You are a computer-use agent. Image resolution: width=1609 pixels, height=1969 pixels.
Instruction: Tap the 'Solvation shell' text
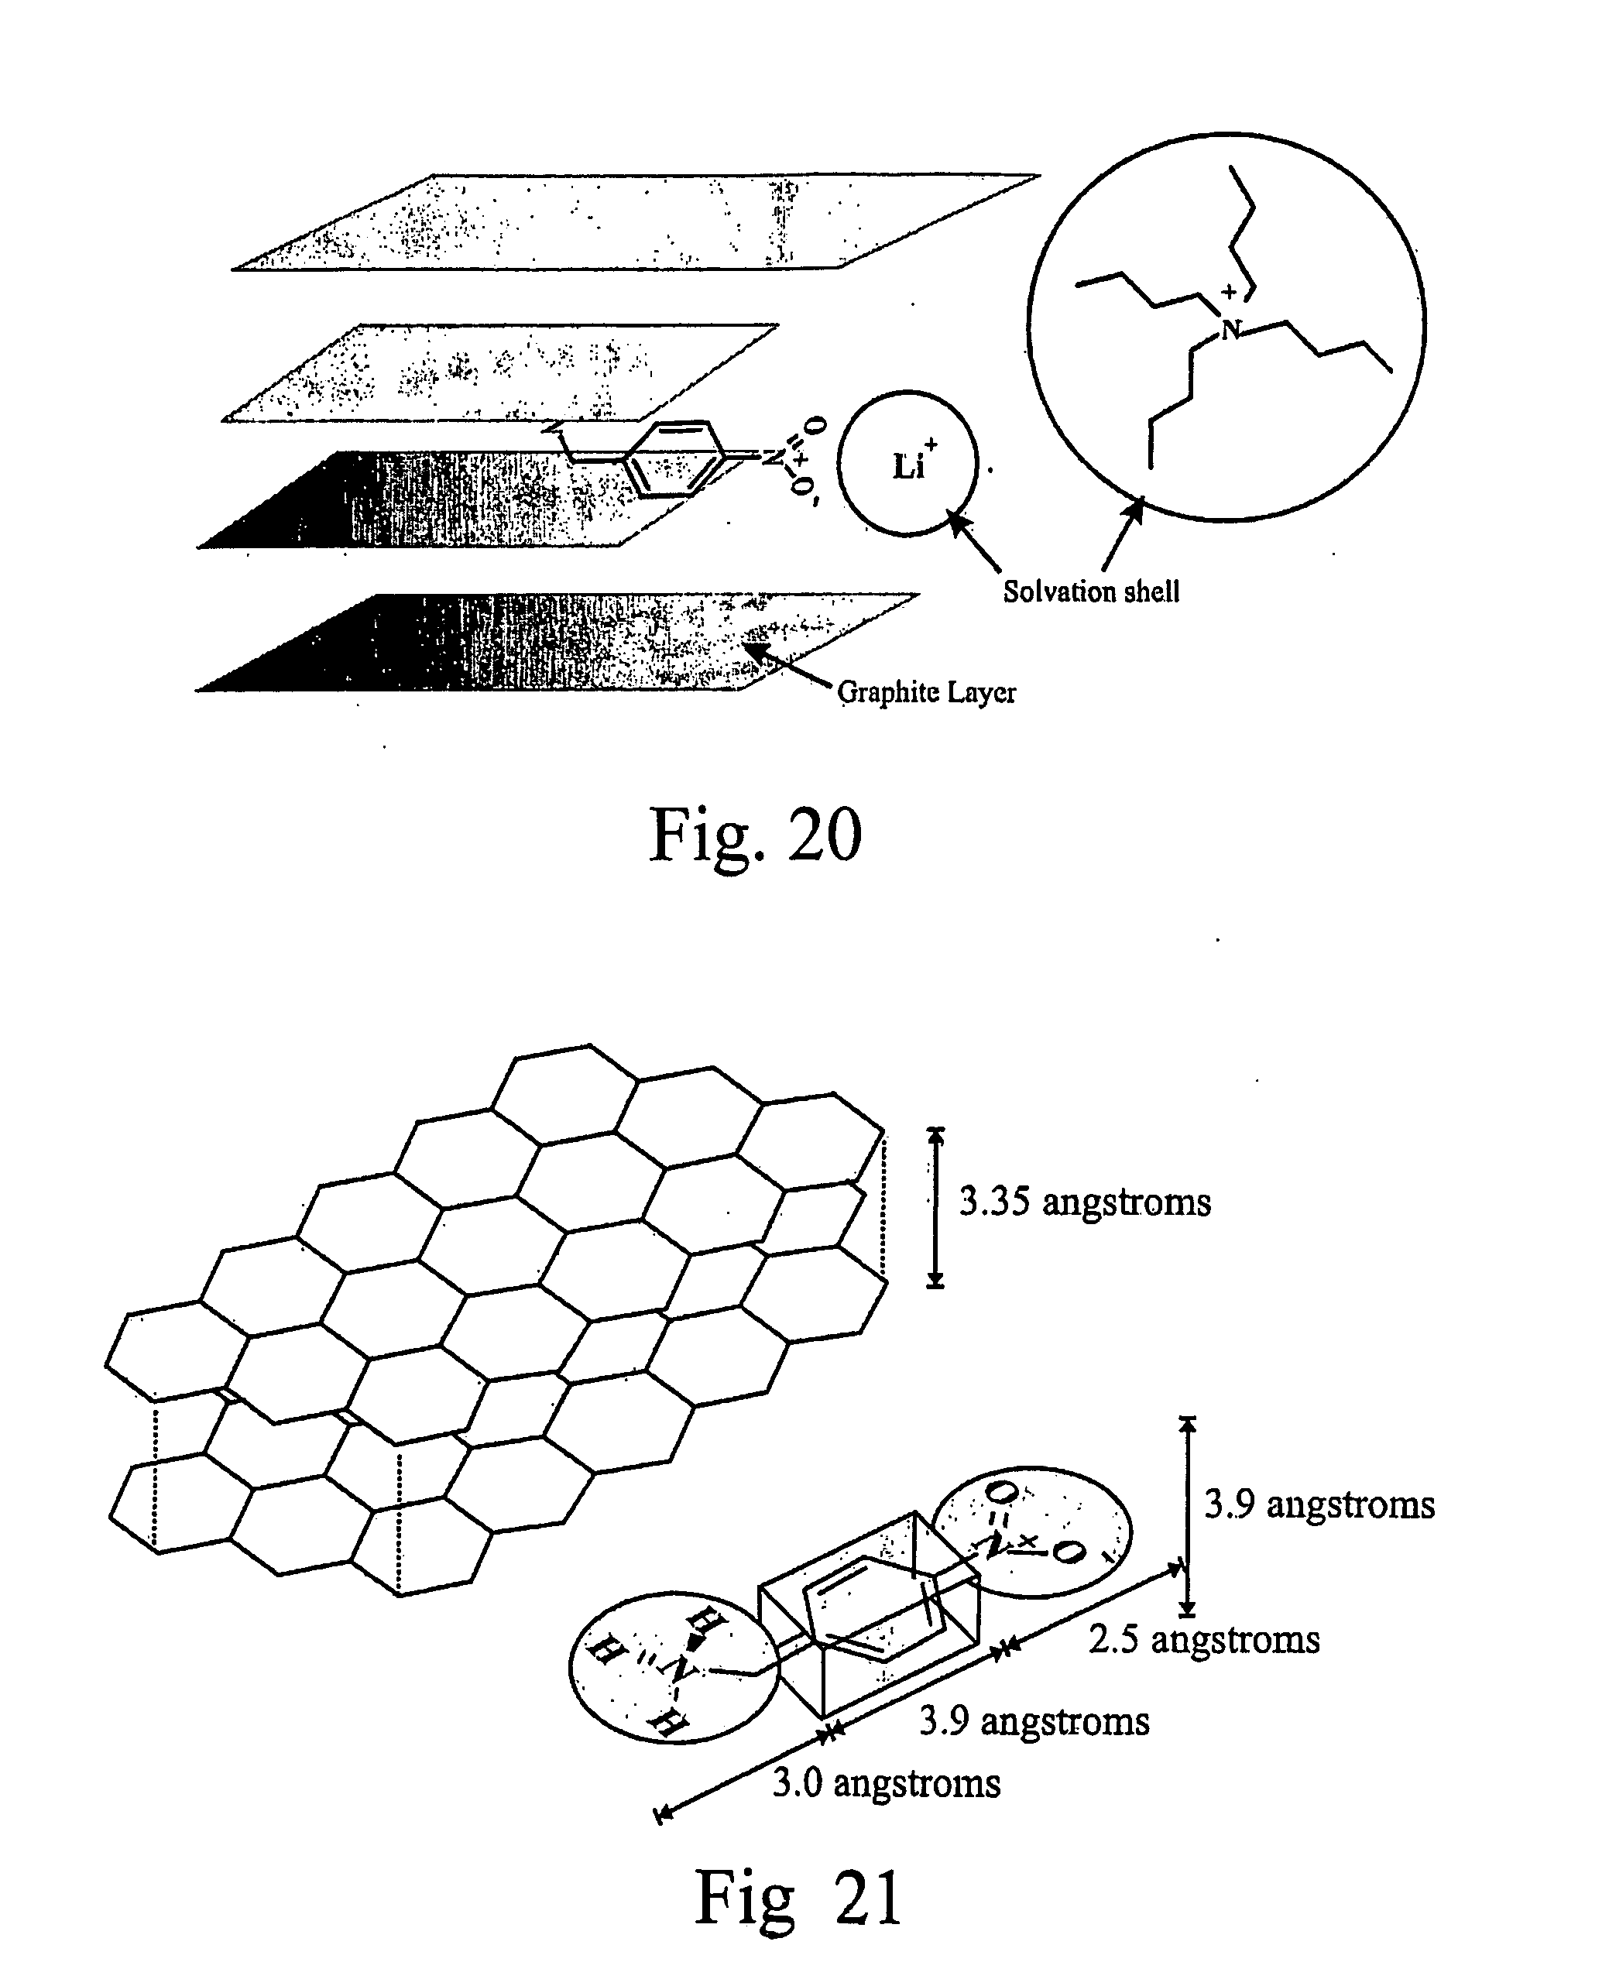click(x=1091, y=591)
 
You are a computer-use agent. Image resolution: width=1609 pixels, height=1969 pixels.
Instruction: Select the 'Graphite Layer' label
click(x=926, y=692)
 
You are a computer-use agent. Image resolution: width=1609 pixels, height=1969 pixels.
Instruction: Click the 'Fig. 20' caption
click(x=756, y=834)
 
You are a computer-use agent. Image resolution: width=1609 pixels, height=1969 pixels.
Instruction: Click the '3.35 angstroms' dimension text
click(x=1084, y=1202)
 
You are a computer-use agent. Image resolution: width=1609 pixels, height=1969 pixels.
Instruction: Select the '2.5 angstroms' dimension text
click(x=1204, y=1639)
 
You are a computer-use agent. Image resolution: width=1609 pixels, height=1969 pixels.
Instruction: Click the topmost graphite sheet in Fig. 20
click(x=635, y=221)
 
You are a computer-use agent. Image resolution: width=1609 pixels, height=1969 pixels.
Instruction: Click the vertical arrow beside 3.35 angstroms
click(x=936, y=1207)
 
